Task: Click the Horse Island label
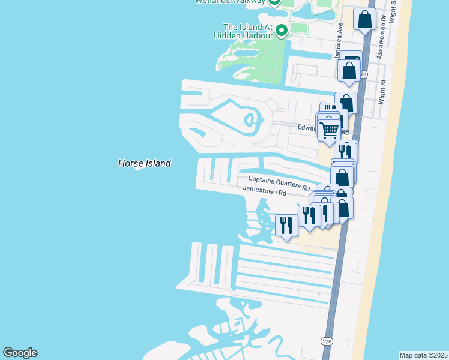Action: coord(144,163)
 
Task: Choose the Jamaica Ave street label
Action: coord(339,41)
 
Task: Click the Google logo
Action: coord(20,353)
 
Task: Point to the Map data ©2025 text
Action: coord(423,355)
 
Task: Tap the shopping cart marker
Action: coord(329,130)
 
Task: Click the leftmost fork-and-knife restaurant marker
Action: coord(286,225)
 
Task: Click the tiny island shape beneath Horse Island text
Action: coord(139,169)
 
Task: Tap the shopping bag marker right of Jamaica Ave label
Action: coord(349,70)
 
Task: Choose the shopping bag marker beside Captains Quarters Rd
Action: coord(342,177)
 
